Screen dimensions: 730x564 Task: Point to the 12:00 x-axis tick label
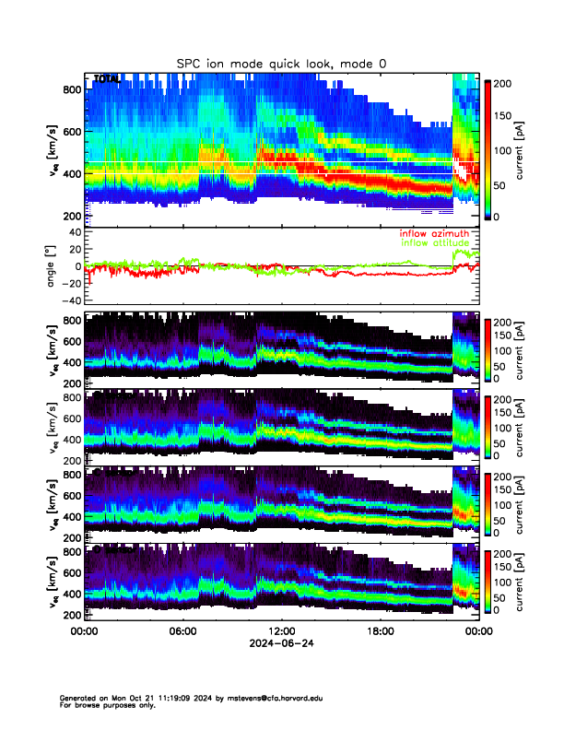click(x=276, y=631)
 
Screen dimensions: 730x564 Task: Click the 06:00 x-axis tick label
click(x=183, y=631)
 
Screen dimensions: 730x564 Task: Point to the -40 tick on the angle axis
click(x=70, y=300)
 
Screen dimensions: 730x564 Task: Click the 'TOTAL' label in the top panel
click(x=107, y=79)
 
